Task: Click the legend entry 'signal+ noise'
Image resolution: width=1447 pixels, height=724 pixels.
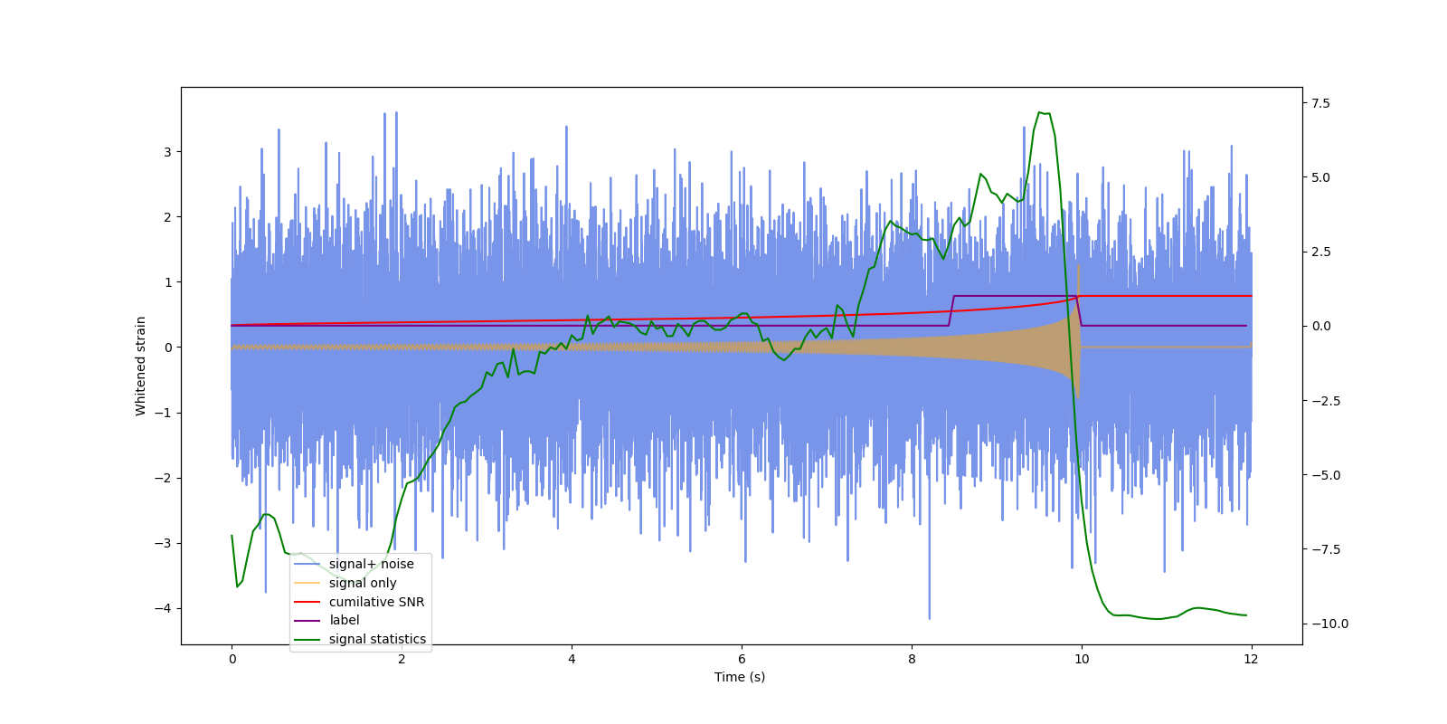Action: (371, 564)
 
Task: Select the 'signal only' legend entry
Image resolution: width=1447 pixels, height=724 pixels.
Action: (362, 583)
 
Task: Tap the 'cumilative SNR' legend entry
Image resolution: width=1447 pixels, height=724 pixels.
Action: (376, 602)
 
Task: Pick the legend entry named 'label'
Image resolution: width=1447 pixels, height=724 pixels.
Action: (344, 620)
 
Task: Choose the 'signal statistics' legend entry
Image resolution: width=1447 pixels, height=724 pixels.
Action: (377, 639)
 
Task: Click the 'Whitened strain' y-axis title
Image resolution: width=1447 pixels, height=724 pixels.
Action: (141, 366)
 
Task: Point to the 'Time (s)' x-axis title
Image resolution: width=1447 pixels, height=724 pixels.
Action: (740, 677)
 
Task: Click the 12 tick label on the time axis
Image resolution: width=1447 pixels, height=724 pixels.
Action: (1251, 659)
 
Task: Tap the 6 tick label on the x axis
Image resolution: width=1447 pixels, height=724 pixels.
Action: (742, 659)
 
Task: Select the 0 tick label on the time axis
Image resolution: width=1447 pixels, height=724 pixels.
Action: (232, 659)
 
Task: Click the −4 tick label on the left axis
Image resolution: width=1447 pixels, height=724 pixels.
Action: (163, 608)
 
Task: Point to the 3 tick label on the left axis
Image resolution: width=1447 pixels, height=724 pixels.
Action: (167, 152)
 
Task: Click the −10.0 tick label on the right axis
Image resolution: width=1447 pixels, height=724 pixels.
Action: (1329, 624)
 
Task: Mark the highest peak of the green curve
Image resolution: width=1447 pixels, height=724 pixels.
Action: (1040, 112)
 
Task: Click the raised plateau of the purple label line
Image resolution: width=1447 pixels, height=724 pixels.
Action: (1013, 296)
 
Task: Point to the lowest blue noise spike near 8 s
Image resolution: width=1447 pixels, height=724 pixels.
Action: (929, 617)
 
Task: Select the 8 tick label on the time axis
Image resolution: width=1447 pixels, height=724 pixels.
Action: (912, 659)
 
